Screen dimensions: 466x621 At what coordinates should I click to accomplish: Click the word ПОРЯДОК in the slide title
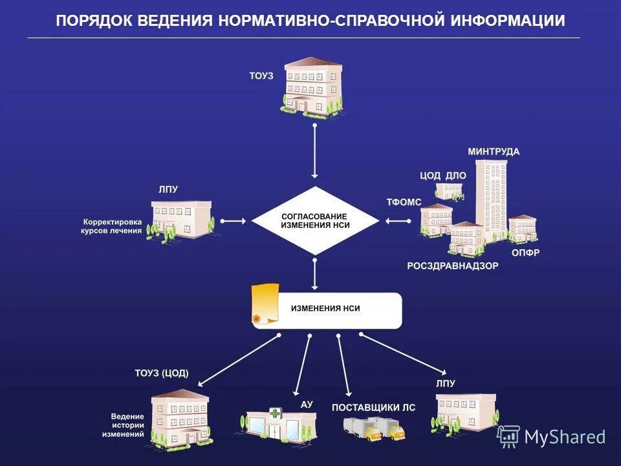pyautogui.click(x=94, y=21)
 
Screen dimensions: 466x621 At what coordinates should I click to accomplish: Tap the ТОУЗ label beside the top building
pyautogui.click(x=261, y=76)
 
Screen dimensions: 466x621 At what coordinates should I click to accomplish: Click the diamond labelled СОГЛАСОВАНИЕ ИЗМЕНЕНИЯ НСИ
pyautogui.click(x=314, y=221)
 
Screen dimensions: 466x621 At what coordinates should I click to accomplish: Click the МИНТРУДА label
pyautogui.click(x=494, y=152)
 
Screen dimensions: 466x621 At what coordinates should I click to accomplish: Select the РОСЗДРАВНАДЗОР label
pyautogui.click(x=453, y=265)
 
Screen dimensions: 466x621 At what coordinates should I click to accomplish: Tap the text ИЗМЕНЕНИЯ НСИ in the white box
pyautogui.click(x=325, y=309)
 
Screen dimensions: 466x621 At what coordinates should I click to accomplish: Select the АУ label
pyautogui.click(x=307, y=405)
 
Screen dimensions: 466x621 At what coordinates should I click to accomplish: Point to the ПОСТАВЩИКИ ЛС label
pyautogui.click(x=373, y=408)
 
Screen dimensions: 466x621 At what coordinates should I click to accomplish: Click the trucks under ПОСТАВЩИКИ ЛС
pyautogui.click(x=373, y=428)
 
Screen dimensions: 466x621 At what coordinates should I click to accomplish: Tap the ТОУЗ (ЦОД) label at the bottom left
pyautogui.click(x=161, y=373)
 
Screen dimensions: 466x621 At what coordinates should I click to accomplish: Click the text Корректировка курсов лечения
pyautogui.click(x=111, y=225)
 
